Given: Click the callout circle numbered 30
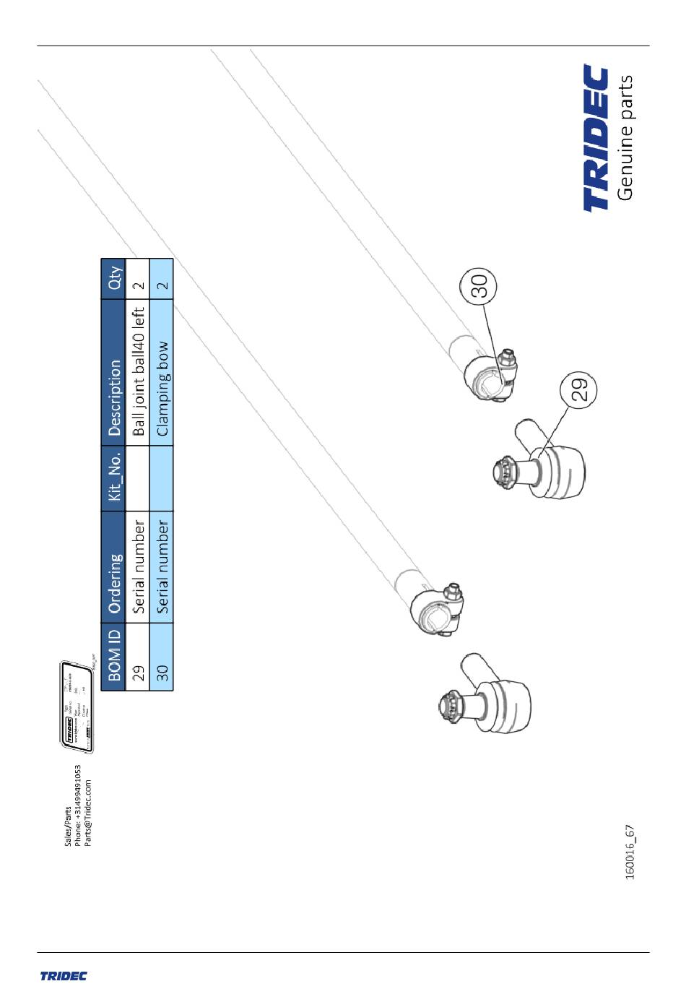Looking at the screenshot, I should pos(479,285).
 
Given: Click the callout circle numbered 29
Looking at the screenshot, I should pos(579,389).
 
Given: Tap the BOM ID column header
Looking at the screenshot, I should pos(113,655).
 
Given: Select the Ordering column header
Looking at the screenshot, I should pos(113,583).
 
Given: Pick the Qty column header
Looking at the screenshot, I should pos(113,277).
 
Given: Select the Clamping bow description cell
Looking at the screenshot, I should pos(162,389).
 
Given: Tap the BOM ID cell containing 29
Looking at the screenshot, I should pos(138,673).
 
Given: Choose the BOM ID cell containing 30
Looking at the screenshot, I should pos(162,673).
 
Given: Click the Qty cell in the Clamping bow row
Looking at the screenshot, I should pos(162,285).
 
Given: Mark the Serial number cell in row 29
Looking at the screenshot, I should pos(138,567).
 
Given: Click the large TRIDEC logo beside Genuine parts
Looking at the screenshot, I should pos(596,138).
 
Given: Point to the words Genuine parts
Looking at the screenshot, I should pos(625,137).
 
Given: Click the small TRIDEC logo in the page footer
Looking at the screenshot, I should pos(64,975).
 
